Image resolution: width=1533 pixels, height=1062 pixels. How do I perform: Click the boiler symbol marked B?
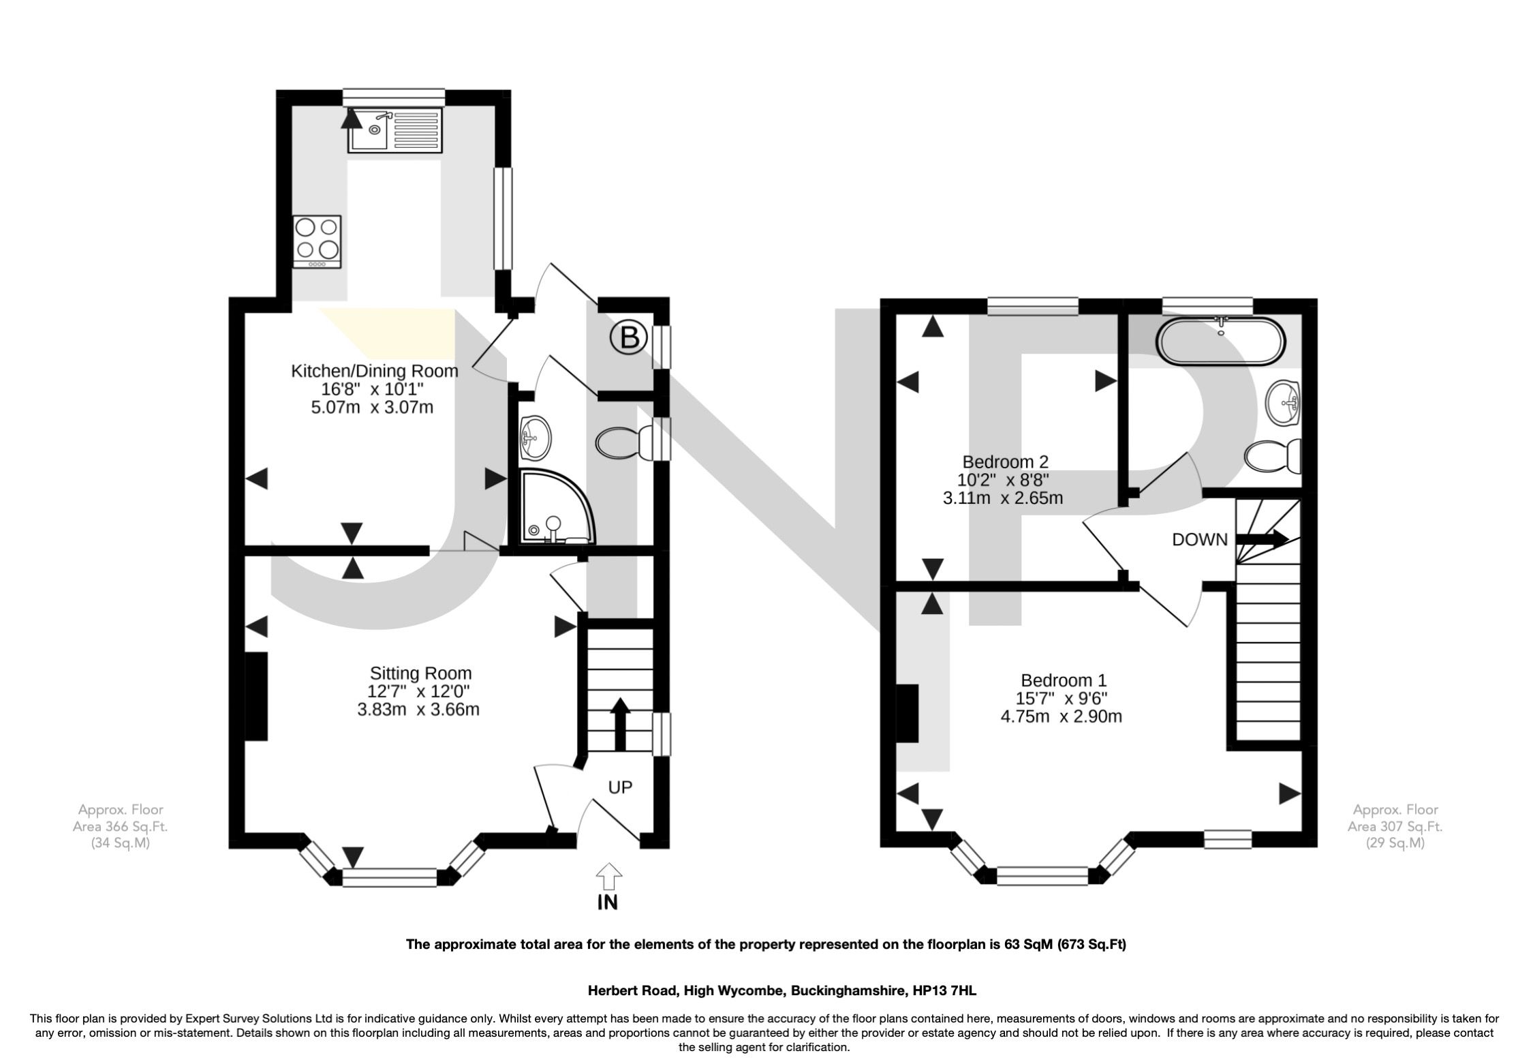click(x=628, y=337)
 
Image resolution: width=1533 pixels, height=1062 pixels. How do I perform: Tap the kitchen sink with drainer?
click(x=394, y=132)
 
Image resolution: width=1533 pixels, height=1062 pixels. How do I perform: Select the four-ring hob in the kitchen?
click(x=317, y=242)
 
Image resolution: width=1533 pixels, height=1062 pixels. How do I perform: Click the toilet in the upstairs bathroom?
click(x=1274, y=456)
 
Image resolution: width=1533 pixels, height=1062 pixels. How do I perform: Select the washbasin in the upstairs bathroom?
click(x=1284, y=402)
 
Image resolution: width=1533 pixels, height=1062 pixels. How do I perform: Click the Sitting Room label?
click(x=420, y=673)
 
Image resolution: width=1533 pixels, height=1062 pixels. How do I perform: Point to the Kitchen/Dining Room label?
click(x=374, y=371)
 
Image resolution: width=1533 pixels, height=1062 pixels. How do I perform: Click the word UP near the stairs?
click(x=620, y=787)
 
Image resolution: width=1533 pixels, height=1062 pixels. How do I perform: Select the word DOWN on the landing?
click(x=1199, y=540)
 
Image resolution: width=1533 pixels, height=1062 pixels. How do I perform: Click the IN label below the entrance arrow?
click(x=607, y=902)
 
